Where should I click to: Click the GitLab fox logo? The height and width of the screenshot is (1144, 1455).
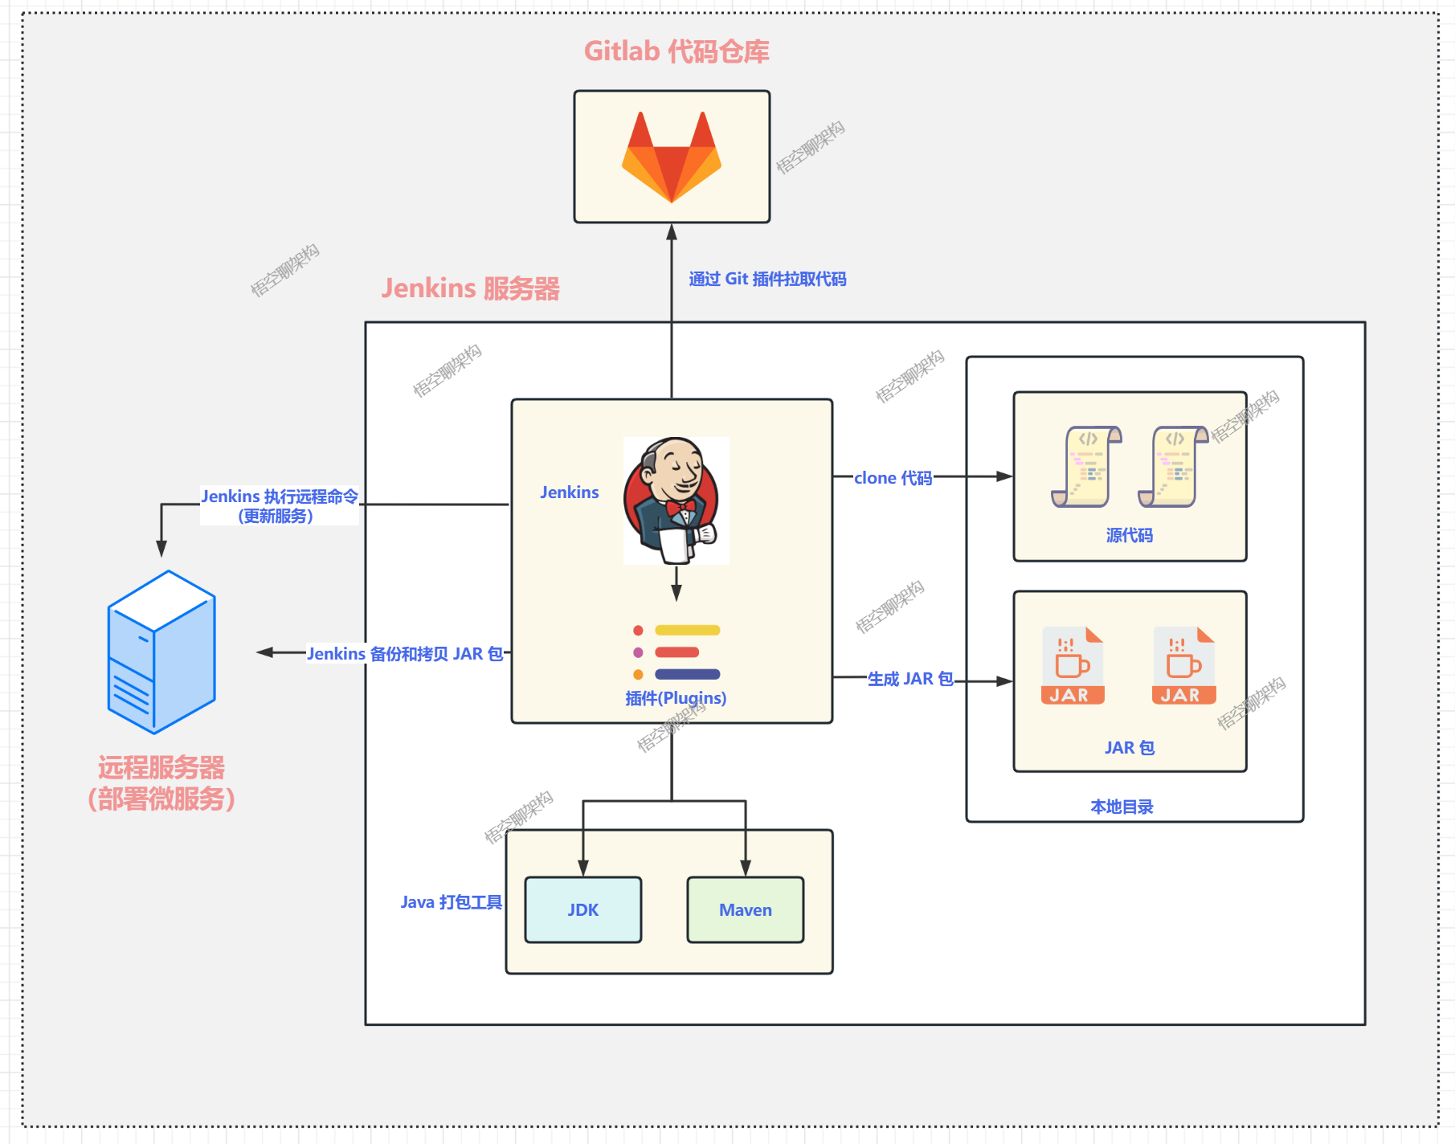(x=672, y=158)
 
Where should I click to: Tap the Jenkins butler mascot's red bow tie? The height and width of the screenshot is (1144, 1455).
(x=680, y=507)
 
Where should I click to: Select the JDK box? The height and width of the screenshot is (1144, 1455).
(x=583, y=909)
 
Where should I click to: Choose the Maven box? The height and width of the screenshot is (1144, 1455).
(x=746, y=909)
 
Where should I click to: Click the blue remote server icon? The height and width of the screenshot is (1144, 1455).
(x=161, y=652)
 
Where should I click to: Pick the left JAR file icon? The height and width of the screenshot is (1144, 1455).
(x=1072, y=666)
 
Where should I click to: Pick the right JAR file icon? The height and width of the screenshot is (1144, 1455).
(x=1183, y=666)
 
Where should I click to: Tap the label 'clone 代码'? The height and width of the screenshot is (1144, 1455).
(x=893, y=478)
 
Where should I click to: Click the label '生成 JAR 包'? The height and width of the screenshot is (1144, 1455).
(x=910, y=679)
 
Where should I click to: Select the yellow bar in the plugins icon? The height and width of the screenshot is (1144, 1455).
(x=687, y=630)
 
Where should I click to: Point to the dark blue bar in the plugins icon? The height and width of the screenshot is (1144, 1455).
(x=687, y=674)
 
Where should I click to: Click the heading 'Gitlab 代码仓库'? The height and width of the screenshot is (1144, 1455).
(x=676, y=51)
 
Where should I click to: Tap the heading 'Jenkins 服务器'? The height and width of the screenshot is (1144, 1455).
(x=470, y=288)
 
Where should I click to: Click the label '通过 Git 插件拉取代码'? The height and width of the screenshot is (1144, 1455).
(x=767, y=279)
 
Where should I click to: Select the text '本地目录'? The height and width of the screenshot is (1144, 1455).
(x=1122, y=807)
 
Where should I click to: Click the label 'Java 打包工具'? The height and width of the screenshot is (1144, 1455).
(x=451, y=902)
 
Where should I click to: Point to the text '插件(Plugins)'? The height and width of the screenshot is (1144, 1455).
(x=676, y=698)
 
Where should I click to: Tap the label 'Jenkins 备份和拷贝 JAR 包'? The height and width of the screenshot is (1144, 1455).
(x=405, y=654)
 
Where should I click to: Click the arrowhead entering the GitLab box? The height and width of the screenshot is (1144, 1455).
(x=672, y=232)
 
